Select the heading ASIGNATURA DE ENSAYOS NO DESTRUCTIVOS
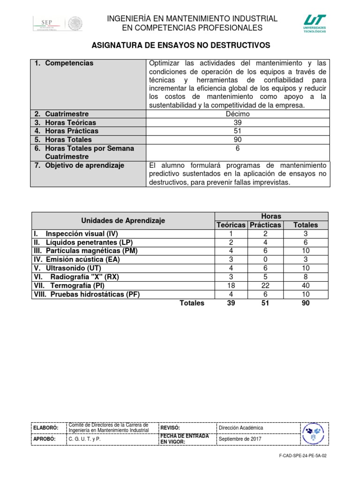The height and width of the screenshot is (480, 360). click(x=180, y=45)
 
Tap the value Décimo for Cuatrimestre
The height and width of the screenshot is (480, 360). click(x=238, y=114)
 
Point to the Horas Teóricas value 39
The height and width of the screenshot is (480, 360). click(x=238, y=122)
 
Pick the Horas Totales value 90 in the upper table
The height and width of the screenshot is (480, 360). click(x=238, y=140)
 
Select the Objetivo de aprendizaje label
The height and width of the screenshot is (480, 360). click(x=78, y=165)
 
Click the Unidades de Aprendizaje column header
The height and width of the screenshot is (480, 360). click(x=123, y=220)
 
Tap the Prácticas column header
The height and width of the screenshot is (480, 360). click(x=265, y=225)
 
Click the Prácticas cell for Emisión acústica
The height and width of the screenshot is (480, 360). click(x=265, y=259)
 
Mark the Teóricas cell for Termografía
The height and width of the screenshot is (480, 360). click(x=231, y=285)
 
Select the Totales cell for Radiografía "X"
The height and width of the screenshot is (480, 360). click(x=305, y=277)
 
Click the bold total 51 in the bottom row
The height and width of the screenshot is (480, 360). click(x=265, y=303)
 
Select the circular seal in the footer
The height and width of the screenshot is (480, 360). click(x=313, y=433)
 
